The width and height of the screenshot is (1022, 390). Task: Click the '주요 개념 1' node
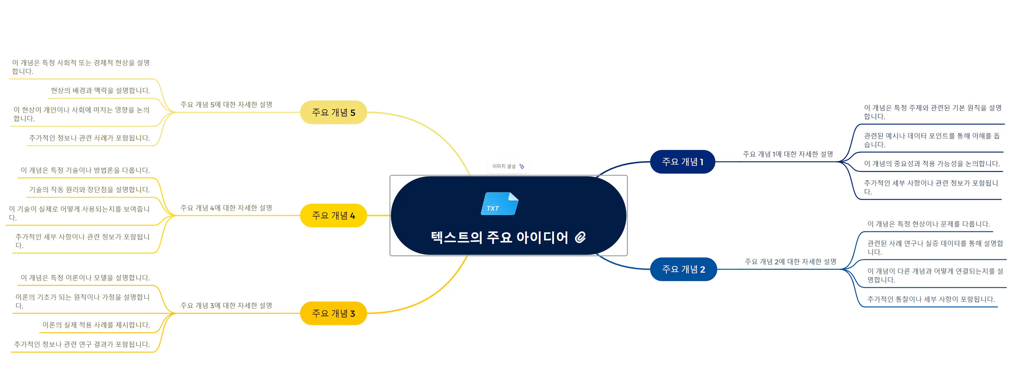[683, 162]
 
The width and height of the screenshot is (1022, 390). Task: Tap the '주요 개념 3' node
[333, 313]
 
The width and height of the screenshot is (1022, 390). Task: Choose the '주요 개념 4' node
[333, 216]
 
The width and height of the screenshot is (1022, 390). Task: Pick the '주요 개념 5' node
[333, 112]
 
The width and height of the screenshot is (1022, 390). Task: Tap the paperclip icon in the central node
[581, 237]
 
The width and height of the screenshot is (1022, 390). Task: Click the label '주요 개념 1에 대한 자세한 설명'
[788, 154]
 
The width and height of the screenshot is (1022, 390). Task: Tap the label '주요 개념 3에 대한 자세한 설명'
[226, 305]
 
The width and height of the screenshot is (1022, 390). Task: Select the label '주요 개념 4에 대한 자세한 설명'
[226, 208]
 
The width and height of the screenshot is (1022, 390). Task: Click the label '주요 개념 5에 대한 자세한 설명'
[226, 105]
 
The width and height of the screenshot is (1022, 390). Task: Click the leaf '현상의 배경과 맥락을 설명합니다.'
[100, 90]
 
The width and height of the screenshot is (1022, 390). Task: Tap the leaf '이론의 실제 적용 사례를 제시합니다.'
[96, 325]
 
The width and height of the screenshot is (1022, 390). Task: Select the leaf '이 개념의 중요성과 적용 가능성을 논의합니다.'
[932, 164]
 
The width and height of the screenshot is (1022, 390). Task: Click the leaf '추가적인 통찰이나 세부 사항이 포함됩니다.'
[931, 299]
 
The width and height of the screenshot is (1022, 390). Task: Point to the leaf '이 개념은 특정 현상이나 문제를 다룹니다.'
[928, 224]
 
